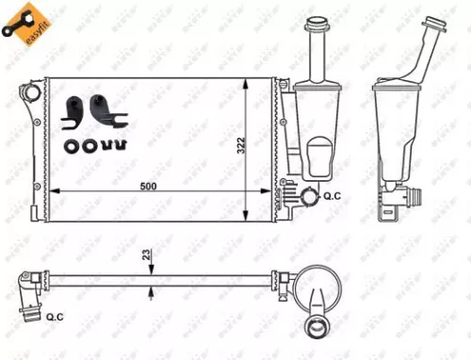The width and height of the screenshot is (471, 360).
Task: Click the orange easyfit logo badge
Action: tap(25, 21)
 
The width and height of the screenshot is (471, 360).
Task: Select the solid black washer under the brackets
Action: tap(72, 146)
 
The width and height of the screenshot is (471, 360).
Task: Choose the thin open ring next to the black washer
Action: tap(89, 146)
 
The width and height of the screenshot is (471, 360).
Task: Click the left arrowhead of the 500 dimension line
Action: tap(53, 192)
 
